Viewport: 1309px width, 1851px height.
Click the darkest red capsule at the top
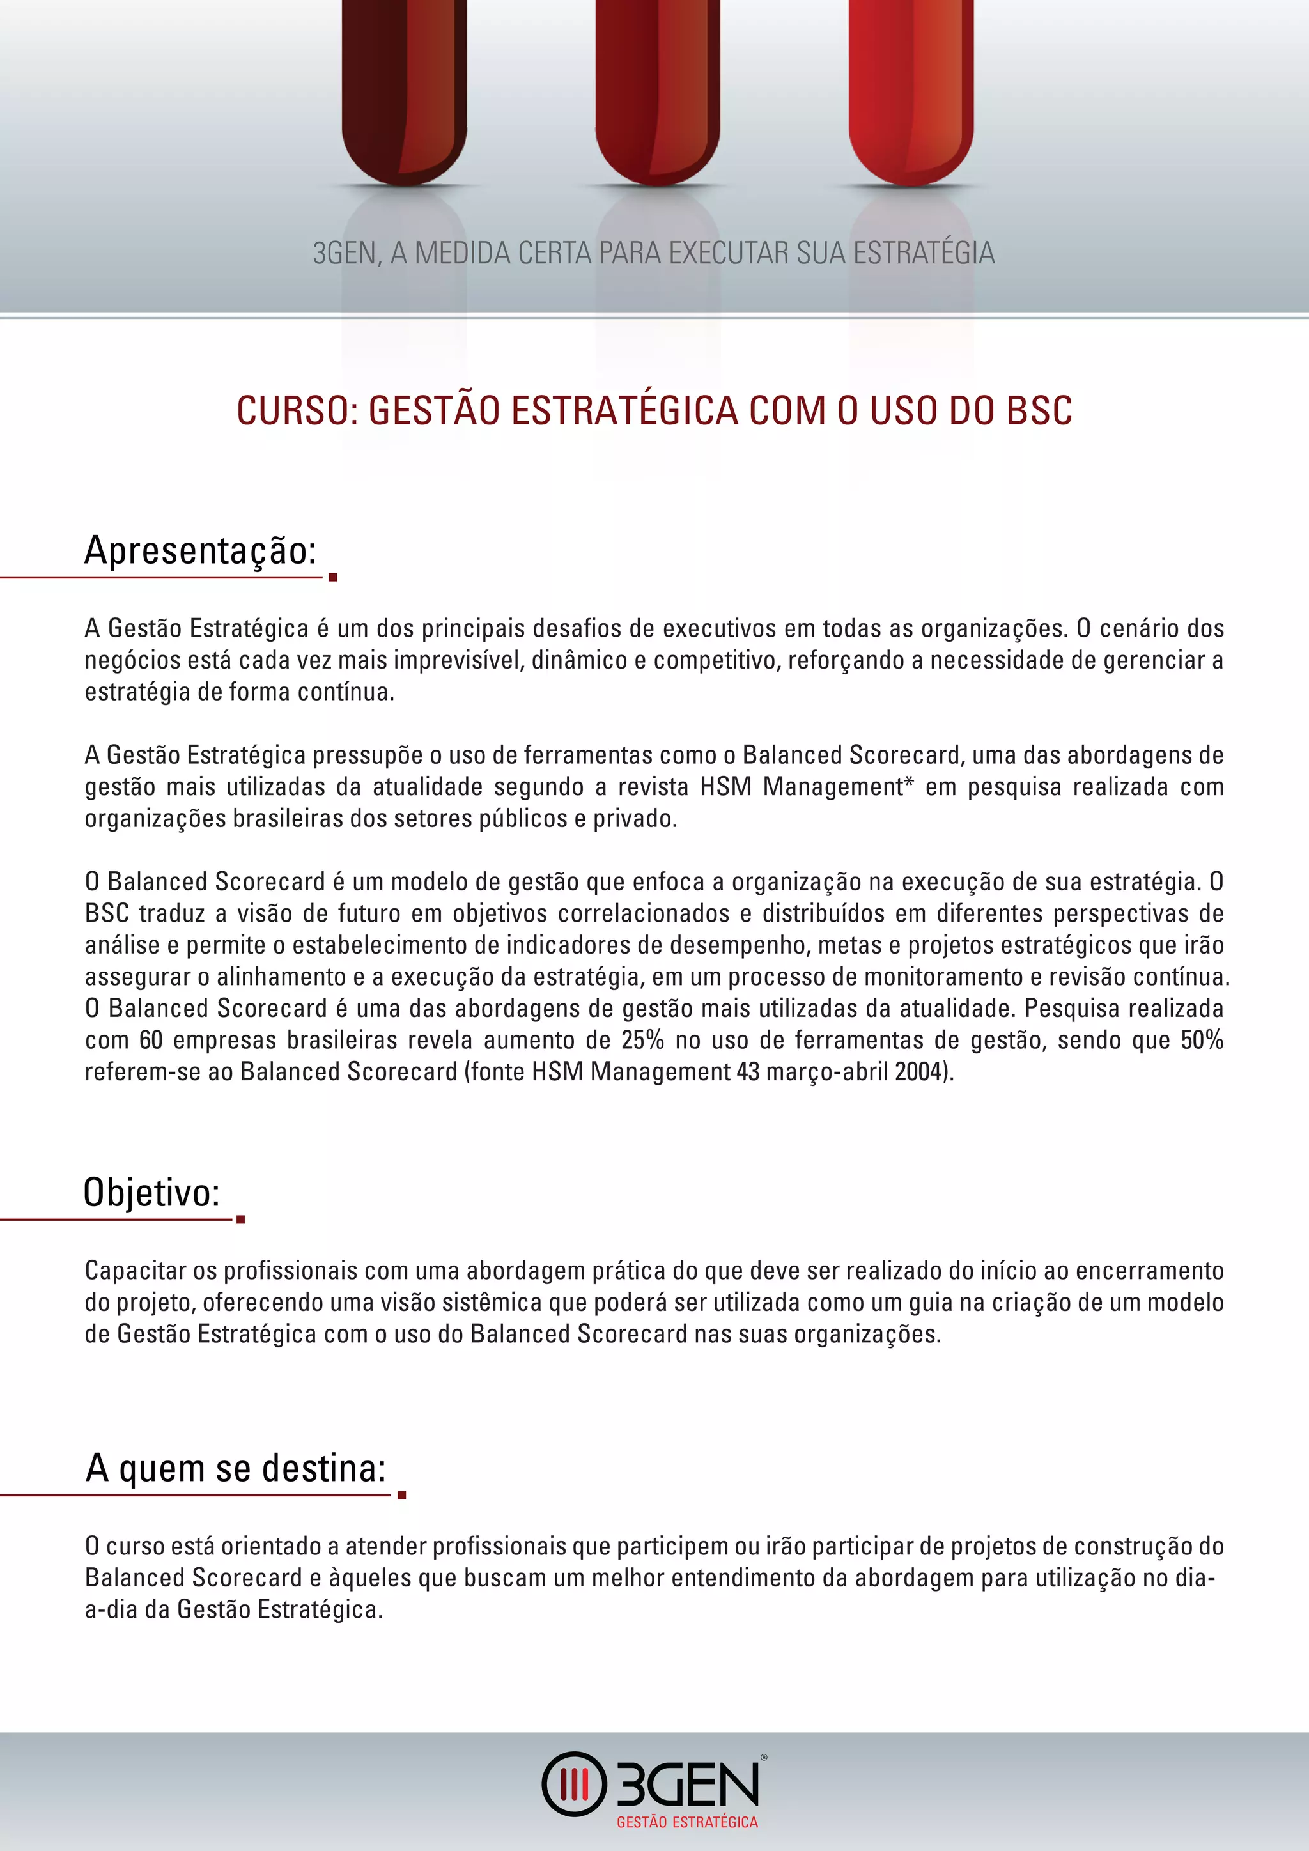coord(404,89)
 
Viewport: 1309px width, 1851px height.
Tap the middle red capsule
coord(657,89)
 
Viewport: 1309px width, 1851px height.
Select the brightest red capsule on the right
coord(911,89)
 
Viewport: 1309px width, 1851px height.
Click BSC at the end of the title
coord(1040,410)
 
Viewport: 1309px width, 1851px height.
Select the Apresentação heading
coord(200,550)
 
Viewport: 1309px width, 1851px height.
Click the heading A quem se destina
coord(235,1468)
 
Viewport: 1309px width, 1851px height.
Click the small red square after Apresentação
coord(333,577)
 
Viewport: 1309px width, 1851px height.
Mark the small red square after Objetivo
coord(240,1220)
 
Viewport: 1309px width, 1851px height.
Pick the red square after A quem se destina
coord(401,1496)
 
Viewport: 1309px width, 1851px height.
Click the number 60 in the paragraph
coord(151,1040)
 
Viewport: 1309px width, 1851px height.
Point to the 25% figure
coord(642,1040)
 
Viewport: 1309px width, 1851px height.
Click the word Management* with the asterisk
coord(839,787)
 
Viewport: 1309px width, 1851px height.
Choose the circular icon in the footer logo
coord(573,1784)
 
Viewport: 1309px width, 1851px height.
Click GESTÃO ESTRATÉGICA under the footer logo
coord(686,1822)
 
